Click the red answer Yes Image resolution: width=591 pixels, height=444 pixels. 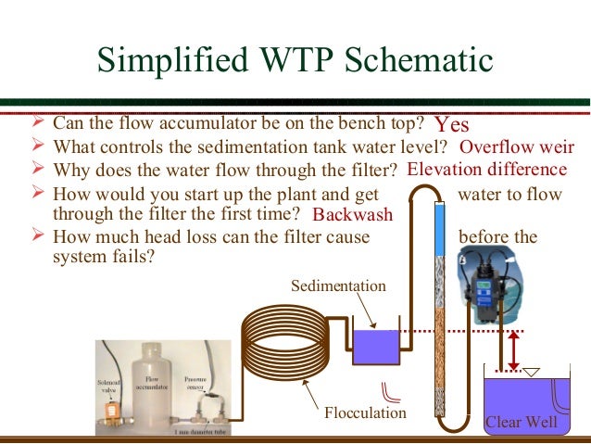452,124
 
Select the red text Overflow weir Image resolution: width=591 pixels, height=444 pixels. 517,147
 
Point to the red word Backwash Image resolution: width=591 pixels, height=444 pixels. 353,215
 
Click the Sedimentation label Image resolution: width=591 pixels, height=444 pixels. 338,285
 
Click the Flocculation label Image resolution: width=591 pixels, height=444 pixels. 365,412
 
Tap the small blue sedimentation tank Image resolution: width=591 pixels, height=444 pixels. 376,348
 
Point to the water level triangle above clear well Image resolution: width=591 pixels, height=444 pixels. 532,373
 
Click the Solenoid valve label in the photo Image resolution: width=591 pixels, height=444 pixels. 108,387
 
